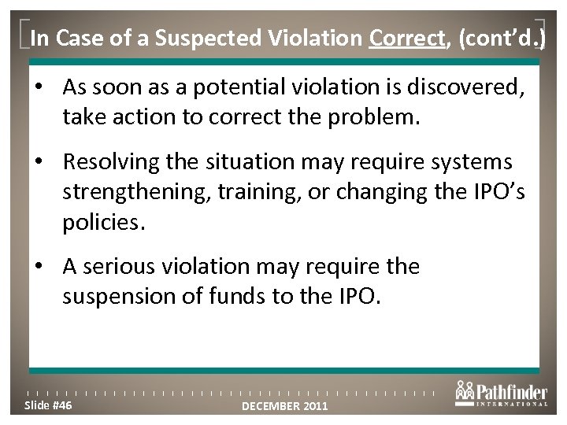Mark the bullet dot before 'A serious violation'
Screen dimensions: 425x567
pos(49,268)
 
